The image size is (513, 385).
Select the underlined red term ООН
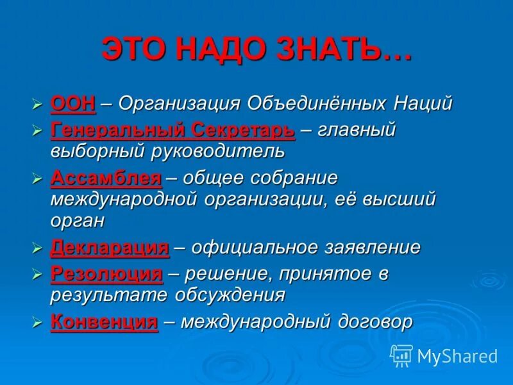(x=72, y=103)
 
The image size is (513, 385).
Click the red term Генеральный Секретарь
(x=172, y=130)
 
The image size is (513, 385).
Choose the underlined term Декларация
(x=109, y=247)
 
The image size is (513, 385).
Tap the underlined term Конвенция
(x=103, y=322)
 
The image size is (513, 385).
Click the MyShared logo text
(x=457, y=356)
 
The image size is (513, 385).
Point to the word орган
(x=77, y=221)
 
